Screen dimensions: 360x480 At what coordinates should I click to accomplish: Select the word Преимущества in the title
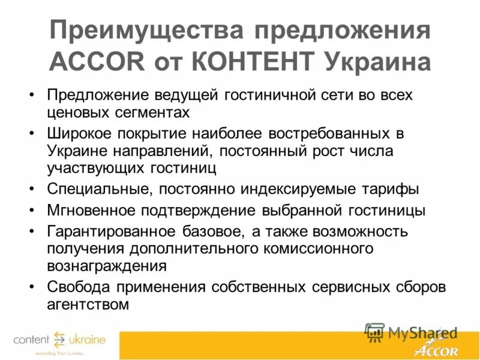click(143, 31)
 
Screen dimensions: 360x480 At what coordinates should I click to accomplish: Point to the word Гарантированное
click(109, 232)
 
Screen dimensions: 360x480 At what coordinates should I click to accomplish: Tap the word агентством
click(88, 304)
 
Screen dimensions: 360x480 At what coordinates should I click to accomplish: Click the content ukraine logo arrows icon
click(59, 340)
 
